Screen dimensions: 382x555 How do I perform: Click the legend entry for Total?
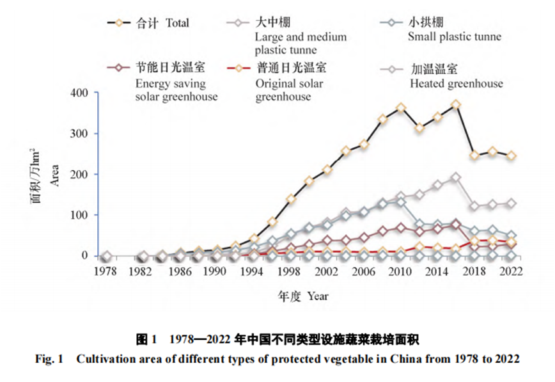162,23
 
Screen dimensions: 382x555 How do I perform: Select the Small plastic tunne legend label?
454,36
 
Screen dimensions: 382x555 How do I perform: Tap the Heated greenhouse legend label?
456,83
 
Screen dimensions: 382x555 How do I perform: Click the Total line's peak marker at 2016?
456,104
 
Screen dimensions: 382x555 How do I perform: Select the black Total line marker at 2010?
401,107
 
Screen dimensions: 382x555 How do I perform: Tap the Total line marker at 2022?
512,155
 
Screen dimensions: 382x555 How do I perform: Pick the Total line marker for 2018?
474,155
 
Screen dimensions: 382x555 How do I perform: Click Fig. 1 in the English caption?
49,358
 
